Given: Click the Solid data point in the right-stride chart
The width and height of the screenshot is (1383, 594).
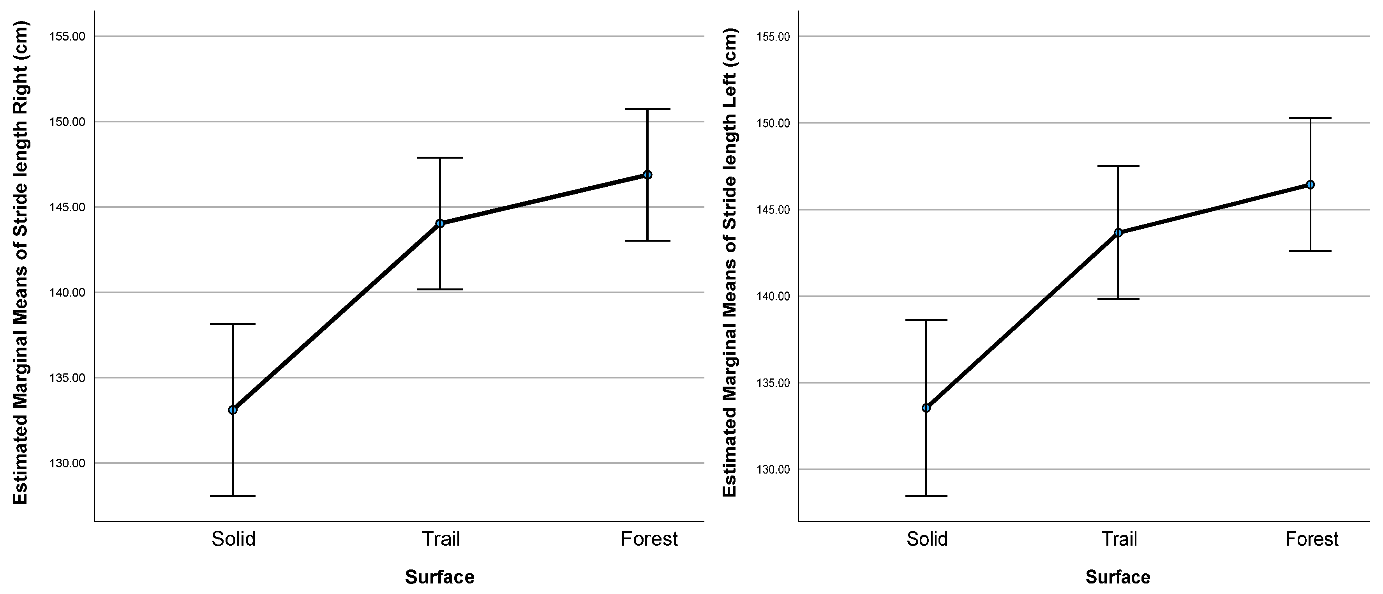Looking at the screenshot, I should click(233, 410).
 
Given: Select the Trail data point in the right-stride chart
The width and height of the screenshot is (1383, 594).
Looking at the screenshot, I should click(440, 223).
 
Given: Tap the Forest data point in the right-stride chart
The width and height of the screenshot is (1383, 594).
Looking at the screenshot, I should click(647, 175).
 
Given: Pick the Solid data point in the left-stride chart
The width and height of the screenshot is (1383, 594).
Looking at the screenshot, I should click(926, 408).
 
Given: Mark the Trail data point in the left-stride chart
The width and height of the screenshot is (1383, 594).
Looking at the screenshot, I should click(1118, 233).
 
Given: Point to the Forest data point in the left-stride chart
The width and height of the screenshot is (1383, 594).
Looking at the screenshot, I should click(1310, 185).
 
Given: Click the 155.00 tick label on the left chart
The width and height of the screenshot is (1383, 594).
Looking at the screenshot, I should click(67, 37).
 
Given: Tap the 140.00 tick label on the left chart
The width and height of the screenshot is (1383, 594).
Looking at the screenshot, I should click(67, 293).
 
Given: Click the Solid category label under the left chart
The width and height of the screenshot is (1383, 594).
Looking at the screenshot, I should click(233, 539).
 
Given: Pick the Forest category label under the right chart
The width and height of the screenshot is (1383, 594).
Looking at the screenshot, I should click(1312, 539).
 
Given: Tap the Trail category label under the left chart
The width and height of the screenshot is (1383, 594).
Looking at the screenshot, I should click(441, 539).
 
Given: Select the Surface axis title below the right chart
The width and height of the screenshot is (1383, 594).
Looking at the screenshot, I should click(1118, 577).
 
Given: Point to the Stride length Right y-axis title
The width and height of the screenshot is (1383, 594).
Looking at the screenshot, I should click(20, 263).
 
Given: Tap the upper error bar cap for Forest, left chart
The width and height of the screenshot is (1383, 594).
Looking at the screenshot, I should click(647, 109).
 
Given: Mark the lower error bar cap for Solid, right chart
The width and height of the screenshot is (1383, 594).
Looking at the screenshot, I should click(926, 496).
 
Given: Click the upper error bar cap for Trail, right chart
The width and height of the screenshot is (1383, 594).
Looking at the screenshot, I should click(1118, 166).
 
